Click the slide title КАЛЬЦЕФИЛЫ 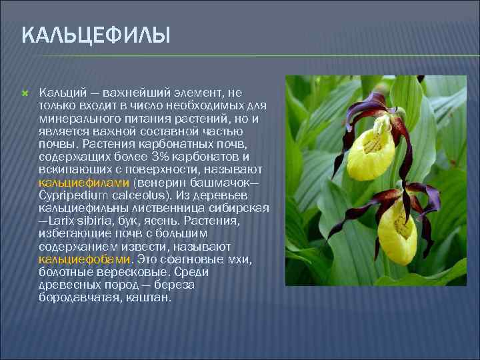coord(96,34)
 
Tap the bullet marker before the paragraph coord(25,91)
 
